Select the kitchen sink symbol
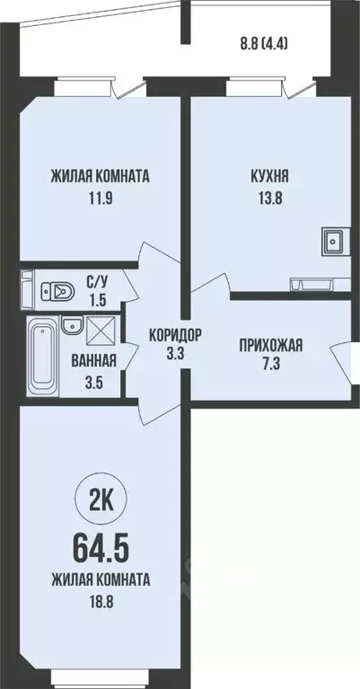pos(332,240)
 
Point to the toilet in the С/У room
pos(58,289)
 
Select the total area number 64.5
pos(100,544)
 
